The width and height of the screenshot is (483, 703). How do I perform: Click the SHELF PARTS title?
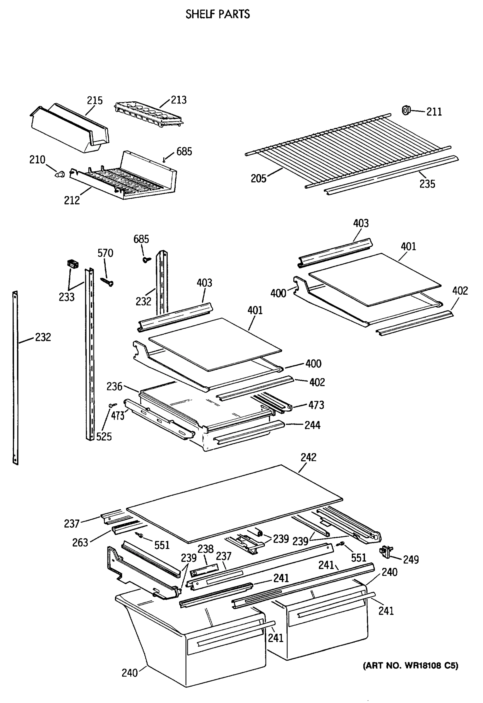(217, 14)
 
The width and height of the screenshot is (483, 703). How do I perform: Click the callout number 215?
(95, 100)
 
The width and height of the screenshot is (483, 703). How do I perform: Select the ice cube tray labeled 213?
(150, 114)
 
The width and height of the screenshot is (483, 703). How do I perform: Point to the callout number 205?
(258, 179)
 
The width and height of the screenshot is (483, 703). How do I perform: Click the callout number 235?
(427, 184)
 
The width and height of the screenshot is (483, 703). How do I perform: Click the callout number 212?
(72, 200)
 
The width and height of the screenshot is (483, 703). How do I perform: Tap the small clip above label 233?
(72, 264)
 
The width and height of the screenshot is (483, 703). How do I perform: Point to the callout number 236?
(114, 386)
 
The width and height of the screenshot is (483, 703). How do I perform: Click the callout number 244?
(312, 425)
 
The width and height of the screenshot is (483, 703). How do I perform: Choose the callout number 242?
(308, 457)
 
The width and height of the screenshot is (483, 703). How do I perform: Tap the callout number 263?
(80, 542)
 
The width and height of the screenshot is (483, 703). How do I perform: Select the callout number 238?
(205, 549)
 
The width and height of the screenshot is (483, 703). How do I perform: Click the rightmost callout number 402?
(460, 291)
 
